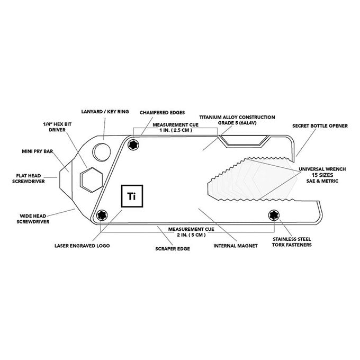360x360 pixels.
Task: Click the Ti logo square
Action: [132, 196]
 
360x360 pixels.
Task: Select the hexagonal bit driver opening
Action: [91, 180]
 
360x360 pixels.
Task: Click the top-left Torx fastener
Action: [133, 145]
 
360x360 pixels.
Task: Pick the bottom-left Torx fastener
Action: [102, 215]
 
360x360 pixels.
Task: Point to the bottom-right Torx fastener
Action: [274, 215]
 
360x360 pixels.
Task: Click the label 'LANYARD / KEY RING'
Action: [105, 112]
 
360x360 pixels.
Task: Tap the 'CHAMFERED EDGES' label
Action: [162, 113]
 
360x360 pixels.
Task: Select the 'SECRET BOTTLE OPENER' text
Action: [320, 126]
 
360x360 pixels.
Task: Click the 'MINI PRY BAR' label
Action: [37, 151]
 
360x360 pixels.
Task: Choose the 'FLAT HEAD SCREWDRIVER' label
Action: [29, 178]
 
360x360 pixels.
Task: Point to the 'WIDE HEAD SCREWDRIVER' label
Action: [33, 219]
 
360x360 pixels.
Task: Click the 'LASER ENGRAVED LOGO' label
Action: [82, 246]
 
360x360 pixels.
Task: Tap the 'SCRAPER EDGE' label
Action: [173, 249]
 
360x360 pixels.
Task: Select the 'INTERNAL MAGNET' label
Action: [236, 246]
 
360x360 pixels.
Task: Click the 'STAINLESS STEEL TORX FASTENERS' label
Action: [292, 242]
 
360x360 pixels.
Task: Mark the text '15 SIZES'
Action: [322, 175]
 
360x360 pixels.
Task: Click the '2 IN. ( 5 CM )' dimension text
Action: [191, 235]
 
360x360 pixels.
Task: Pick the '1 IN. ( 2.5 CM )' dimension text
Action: [176, 130]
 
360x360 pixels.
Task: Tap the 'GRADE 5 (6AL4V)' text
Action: [237, 123]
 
